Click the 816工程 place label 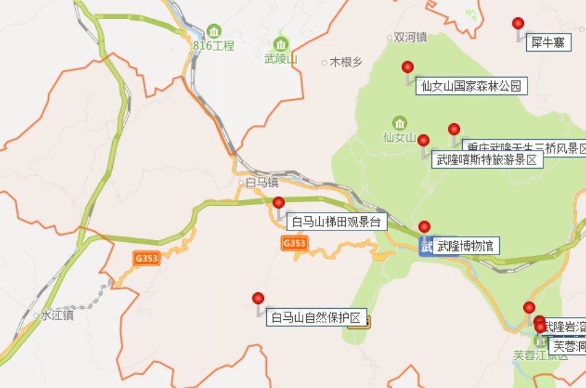214,46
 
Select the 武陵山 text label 281,59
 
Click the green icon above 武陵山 281,44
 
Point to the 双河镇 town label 411,38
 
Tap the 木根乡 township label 346,62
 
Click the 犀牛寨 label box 549,43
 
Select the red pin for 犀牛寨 519,24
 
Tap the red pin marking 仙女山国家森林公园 408,67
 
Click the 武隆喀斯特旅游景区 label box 487,160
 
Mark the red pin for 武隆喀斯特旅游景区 424,141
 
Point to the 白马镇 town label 262,182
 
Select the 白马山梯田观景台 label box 336,222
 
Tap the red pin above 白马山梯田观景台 279,202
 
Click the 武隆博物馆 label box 466,246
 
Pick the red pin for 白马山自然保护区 258,299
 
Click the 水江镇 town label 56,316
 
